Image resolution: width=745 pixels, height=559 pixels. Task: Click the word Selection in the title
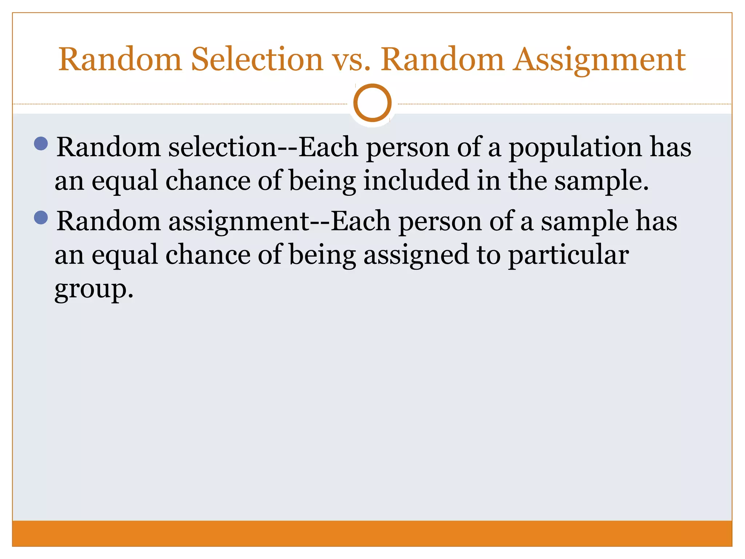point(257,59)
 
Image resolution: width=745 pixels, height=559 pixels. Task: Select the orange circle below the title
point(372,103)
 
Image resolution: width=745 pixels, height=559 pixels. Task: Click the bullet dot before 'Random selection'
point(41,144)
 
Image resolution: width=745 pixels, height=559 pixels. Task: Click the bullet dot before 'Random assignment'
point(41,218)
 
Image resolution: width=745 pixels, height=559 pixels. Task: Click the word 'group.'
point(94,290)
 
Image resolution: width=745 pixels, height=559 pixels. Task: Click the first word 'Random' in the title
point(120,59)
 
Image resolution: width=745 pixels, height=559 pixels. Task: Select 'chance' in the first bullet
point(208,181)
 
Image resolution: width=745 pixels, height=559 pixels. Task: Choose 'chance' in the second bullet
point(208,255)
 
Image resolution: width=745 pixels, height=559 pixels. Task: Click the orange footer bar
point(372,534)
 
